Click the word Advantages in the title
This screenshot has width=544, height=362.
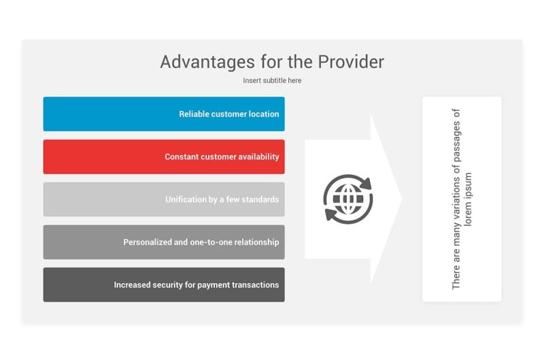(x=207, y=62)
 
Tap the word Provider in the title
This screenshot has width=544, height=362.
(x=351, y=62)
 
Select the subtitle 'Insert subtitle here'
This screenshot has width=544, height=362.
(x=272, y=80)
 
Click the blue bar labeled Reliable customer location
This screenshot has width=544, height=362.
(x=164, y=114)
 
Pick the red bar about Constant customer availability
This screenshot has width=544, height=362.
(x=164, y=157)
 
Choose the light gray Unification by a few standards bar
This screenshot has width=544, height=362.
(x=164, y=199)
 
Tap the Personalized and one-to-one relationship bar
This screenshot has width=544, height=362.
(x=164, y=242)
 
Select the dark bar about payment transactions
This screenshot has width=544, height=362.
(x=164, y=285)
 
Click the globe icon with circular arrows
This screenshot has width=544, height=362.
(x=348, y=199)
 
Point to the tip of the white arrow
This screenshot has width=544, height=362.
(x=403, y=199)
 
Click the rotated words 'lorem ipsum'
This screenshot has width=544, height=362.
(x=468, y=199)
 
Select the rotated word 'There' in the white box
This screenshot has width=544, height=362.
(x=456, y=277)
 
